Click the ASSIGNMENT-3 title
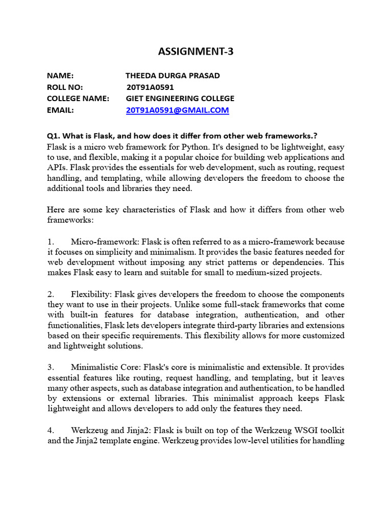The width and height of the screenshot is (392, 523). [x=196, y=51]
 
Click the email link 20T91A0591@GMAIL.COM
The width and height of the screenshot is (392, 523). [x=177, y=110]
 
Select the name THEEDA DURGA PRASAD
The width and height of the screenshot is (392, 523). [x=173, y=76]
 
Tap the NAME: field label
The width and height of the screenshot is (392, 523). [x=60, y=76]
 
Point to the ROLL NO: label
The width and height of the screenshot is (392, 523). [x=65, y=87]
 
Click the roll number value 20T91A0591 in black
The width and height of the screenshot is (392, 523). [x=150, y=87]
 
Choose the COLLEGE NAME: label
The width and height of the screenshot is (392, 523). [x=78, y=98]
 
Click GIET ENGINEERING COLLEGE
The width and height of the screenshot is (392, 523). [x=180, y=98]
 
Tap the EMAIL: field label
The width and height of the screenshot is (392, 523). [x=61, y=110]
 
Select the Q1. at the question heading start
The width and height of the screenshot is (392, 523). [x=54, y=136]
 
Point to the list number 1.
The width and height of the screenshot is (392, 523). [x=50, y=241]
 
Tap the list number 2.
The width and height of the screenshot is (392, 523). [x=50, y=294]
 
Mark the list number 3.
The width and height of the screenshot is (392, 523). [x=50, y=367]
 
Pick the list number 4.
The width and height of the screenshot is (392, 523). [x=50, y=430]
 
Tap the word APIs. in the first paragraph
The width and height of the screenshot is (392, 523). [x=57, y=168]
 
